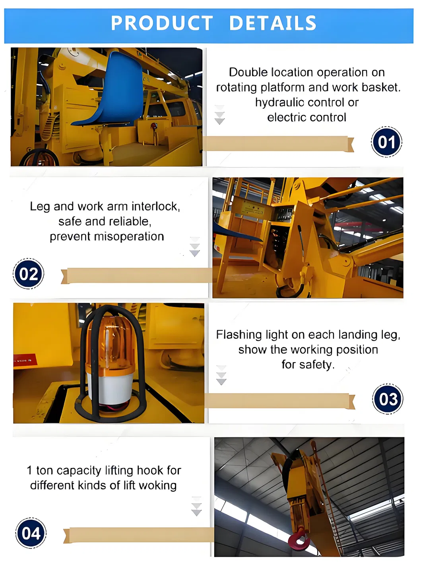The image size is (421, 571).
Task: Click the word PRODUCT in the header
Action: coord(162,23)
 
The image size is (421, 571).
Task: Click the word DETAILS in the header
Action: coord(273,23)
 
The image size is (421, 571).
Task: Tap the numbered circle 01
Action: coord(386,142)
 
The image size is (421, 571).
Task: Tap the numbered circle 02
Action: coord(28,273)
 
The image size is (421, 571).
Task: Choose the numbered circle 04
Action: coord(31,533)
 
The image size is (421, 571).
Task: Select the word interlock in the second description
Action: coord(155,207)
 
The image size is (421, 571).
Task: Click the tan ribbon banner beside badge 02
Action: coord(137,275)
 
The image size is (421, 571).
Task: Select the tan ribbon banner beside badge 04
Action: coord(139,535)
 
